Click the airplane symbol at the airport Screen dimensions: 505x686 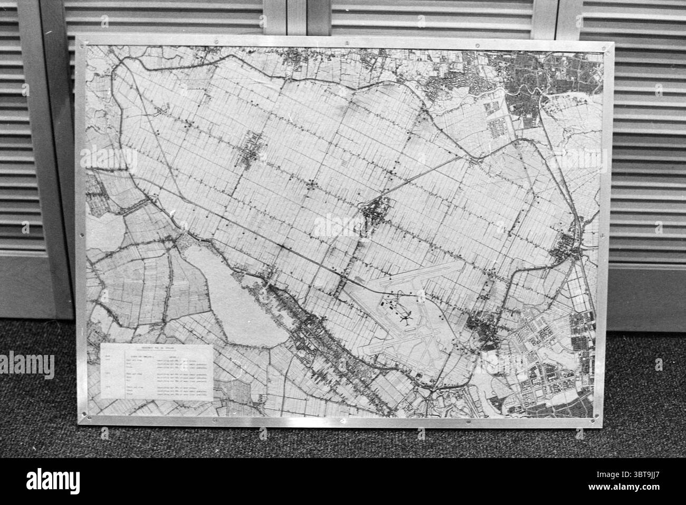(405, 319)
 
